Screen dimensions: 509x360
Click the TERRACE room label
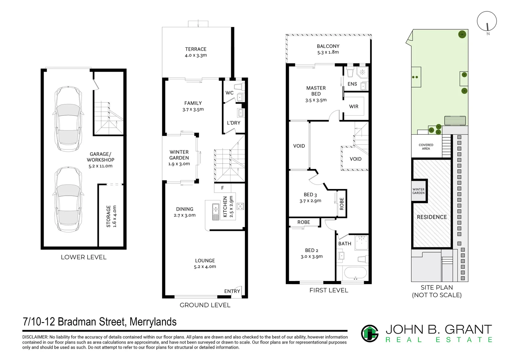point(196,49)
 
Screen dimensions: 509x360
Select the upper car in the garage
point(68,119)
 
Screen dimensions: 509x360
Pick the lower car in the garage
point(68,199)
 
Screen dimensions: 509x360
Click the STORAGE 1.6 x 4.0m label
point(111,216)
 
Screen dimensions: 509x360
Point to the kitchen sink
point(216,212)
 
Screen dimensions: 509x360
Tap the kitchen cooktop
point(240,206)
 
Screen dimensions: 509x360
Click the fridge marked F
point(223,188)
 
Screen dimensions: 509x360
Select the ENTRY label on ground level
point(232,291)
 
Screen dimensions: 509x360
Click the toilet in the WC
point(240,87)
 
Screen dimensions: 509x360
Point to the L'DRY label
point(234,123)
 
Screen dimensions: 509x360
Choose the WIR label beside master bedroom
point(353,106)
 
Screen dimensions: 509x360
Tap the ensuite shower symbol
point(362,72)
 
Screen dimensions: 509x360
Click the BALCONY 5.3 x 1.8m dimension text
point(328,52)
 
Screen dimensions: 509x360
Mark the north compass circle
point(487,21)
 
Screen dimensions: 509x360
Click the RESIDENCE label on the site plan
point(432,217)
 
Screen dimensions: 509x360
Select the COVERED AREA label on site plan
point(426,147)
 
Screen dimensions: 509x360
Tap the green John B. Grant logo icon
point(370,333)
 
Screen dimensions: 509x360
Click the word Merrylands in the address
point(153,322)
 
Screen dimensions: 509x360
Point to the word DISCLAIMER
point(35,337)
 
